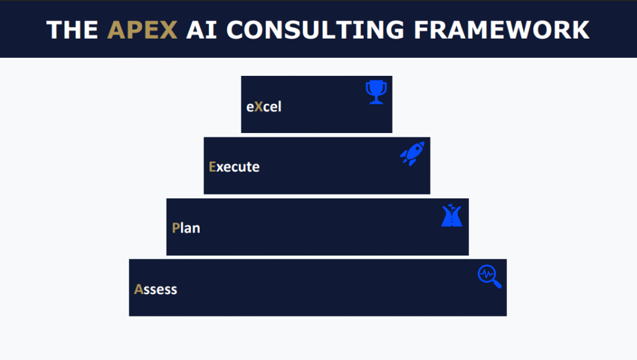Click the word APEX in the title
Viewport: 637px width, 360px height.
point(142,30)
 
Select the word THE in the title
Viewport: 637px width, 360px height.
point(72,30)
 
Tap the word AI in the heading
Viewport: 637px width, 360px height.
point(202,30)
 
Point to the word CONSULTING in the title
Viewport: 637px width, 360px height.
point(315,30)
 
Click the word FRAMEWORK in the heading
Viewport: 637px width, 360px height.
point(502,30)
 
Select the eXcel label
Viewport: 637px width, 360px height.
point(264,107)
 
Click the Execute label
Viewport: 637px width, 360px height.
point(234,167)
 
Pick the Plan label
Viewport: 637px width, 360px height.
point(186,228)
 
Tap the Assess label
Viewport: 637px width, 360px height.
point(156,289)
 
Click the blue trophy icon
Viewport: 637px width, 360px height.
point(376,92)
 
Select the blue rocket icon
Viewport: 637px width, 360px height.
point(412,154)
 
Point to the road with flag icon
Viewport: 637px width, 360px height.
point(452,215)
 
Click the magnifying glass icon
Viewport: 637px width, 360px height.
point(490,277)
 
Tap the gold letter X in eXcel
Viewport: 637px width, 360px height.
point(258,107)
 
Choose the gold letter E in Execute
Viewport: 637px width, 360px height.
point(212,167)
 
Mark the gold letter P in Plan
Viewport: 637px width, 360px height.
point(175,228)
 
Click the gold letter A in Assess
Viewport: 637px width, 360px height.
point(139,289)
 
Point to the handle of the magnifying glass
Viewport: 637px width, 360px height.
point(497,284)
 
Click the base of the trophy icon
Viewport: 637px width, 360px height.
point(376,102)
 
